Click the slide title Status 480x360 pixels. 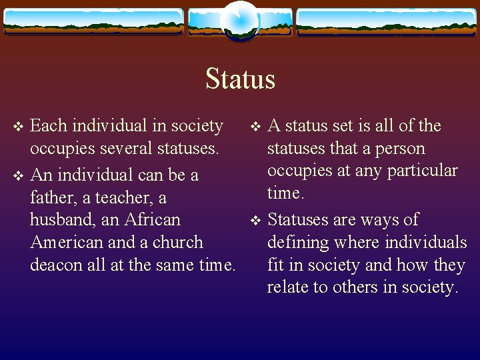tap(240, 79)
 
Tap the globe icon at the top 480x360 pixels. tap(240, 20)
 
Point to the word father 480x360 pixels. tap(52, 198)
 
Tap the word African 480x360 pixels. tap(152, 219)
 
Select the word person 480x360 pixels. tap(400, 148)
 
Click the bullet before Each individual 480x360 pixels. tap(19, 126)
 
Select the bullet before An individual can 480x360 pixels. tap(19, 176)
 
